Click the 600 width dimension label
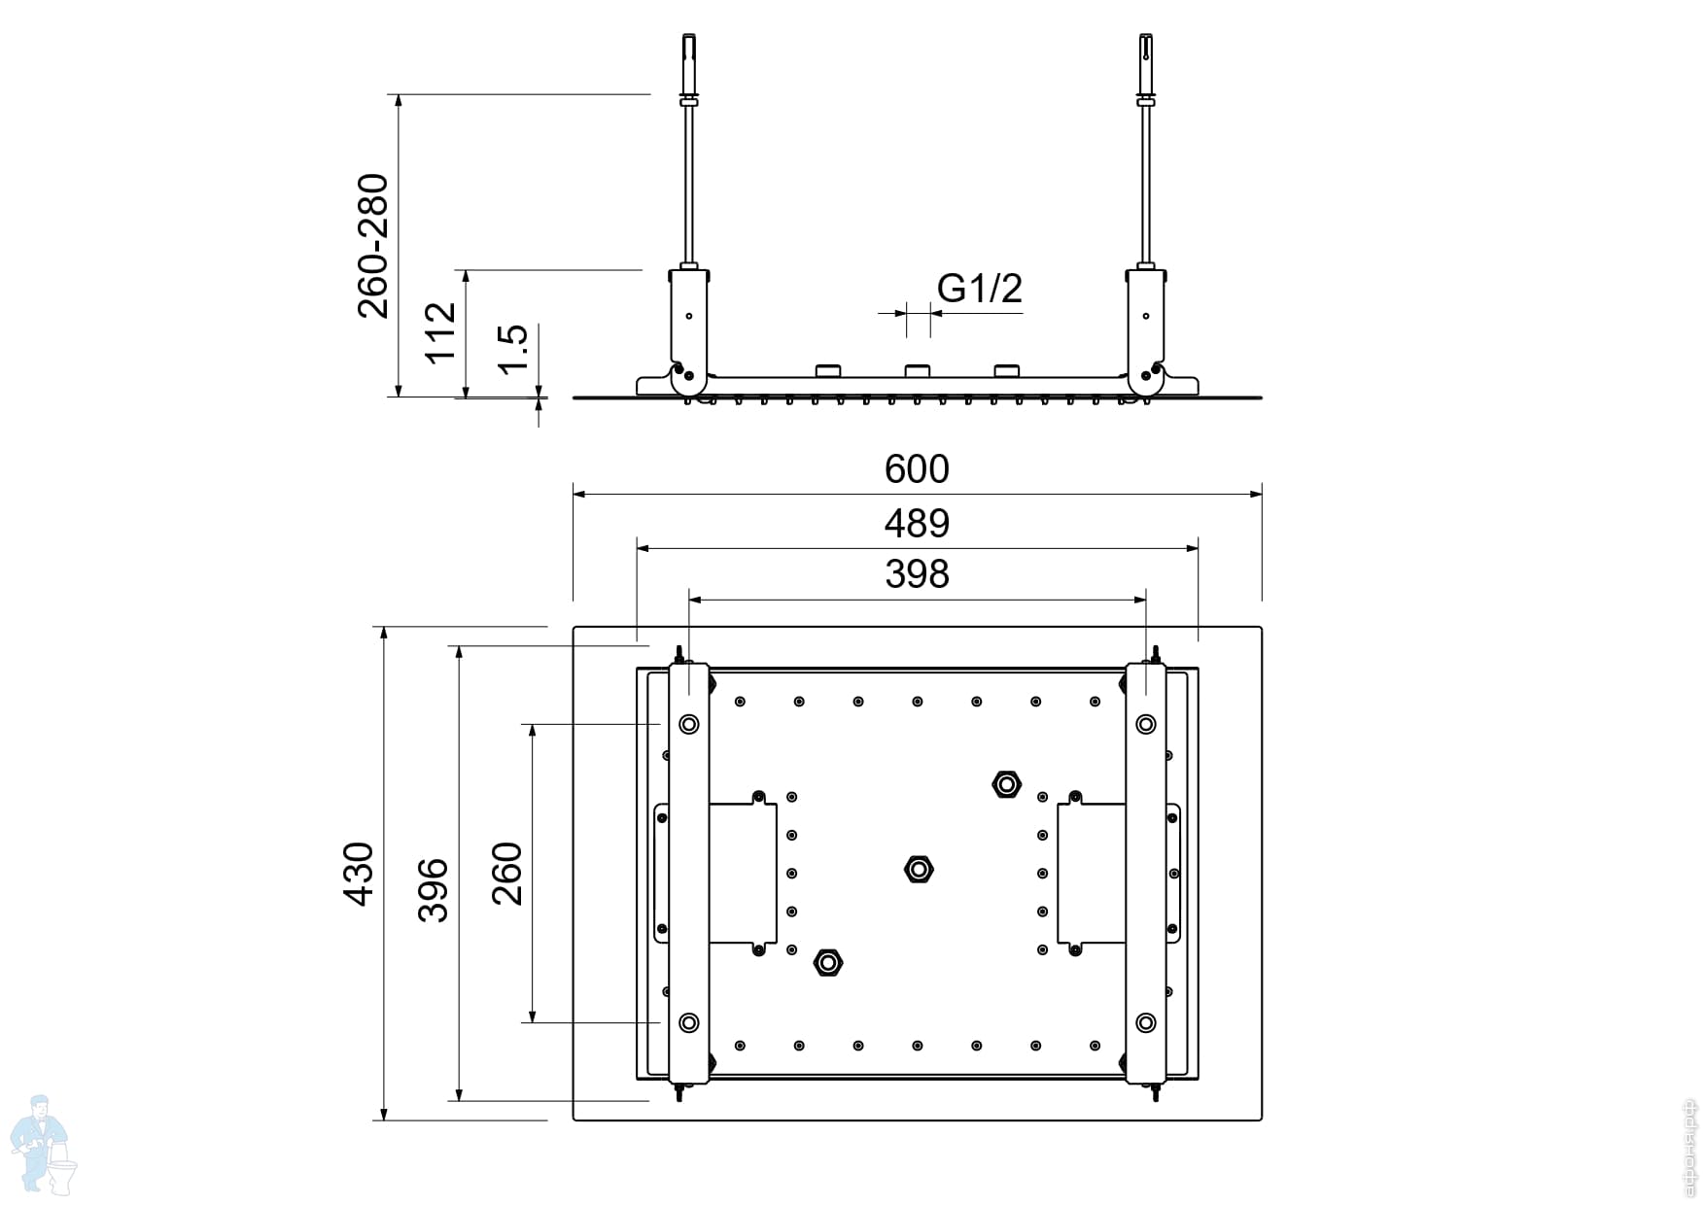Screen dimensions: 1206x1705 (x=916, y=470)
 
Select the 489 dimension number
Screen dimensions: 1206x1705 (x=916, y=525)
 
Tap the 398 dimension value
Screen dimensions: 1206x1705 (x=916, y=574)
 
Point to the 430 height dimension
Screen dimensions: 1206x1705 (x=359, y=874)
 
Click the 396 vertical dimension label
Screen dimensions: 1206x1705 (x=433, y=889)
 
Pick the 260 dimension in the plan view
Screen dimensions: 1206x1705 (x=506, y=874)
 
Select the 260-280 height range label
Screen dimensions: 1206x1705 (x=373, y=246)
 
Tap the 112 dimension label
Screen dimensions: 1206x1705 (x=440, y=332)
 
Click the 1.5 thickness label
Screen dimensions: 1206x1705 (x=511, y=348)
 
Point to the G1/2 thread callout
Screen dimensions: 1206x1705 (x=979, y=289)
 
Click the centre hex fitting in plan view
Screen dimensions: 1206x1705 (x=918, y=868)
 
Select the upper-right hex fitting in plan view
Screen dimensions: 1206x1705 (x=1006, y=783)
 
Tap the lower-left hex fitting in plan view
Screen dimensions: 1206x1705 (x=828, y=962)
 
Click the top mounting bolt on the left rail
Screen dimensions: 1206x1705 (x=688, y=724)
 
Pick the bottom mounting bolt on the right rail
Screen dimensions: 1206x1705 (x=1145, y=1022)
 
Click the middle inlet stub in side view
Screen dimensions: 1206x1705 (x=917, y=371)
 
